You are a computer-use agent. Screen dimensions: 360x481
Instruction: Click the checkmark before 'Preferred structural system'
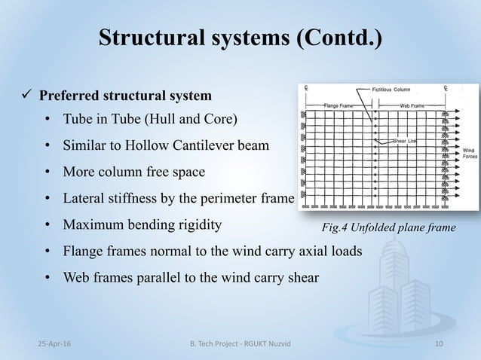(25, 96)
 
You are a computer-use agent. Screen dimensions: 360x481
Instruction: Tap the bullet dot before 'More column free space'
(47, 172)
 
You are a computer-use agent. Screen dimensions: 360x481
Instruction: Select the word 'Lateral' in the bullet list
(85, 199)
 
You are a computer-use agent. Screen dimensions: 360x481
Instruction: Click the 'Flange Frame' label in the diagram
(339, 106)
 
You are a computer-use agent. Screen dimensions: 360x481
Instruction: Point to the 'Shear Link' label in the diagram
(406, 141)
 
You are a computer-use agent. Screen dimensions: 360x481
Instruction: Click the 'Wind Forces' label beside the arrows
(468, 153)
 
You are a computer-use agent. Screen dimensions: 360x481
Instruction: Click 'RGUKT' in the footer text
(256, 344)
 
